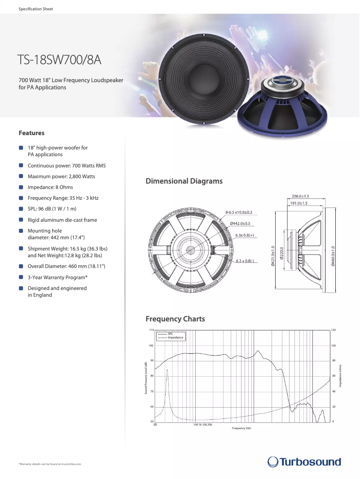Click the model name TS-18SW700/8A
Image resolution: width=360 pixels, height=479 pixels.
coord(59,60)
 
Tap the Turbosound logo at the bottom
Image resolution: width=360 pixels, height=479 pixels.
coord(304,461)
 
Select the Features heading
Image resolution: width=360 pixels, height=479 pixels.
coord(31,133)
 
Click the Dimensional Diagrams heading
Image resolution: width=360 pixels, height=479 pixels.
coord(184,181)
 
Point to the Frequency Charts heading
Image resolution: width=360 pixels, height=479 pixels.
coord(175,319)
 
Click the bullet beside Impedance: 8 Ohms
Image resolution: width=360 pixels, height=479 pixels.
coord(21,187)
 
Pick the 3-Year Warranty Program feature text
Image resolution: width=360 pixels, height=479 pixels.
coord(57,277)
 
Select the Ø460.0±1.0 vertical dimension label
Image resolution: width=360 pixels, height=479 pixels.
coord(333,257)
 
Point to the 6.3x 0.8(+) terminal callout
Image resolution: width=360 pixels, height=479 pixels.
coord(245,235)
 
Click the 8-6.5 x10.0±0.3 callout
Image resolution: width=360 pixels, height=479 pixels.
coord(238,212)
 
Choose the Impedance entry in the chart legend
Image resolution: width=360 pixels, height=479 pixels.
coord(176,338)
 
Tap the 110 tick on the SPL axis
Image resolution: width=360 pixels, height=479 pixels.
coord(151,330)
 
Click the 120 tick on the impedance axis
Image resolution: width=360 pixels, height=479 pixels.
coord(334,330)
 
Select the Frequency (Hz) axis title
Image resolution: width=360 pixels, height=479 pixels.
coord(241,428)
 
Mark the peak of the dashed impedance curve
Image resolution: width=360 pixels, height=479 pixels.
coord(167,369)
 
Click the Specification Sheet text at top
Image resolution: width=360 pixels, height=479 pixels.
coord(36,9)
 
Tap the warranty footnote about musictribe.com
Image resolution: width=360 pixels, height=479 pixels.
coord(50,464)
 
